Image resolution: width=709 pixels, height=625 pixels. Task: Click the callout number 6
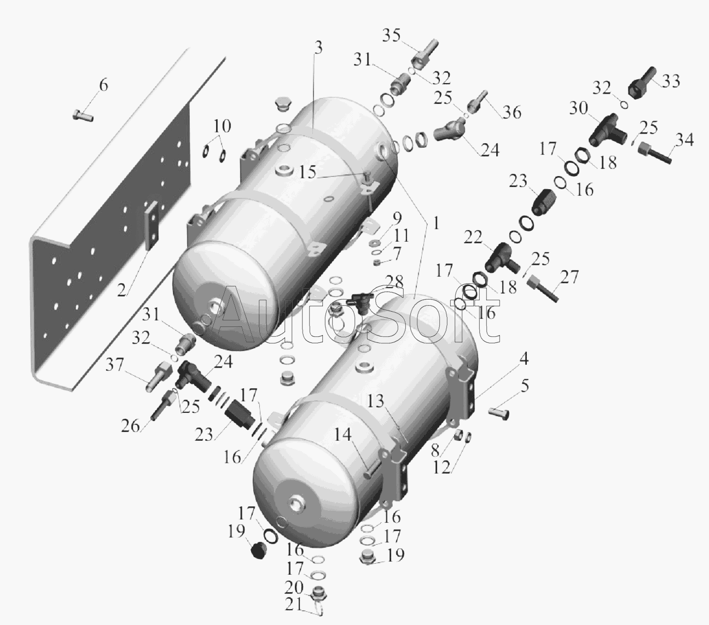coord(103,85)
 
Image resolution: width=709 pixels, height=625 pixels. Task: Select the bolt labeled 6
coord(83,116)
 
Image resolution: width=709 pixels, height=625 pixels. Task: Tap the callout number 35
coord(391,36)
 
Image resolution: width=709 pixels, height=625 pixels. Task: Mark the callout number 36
coord(512,112)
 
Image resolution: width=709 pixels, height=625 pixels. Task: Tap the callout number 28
coord(394,282)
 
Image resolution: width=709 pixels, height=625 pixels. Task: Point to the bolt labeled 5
coord(499,414)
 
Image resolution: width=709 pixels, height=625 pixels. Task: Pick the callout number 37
coord(114,365)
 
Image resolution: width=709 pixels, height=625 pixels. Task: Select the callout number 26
coord(130,425)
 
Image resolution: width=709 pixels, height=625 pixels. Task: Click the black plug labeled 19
coord(259,551)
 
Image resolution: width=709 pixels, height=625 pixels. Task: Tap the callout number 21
coord(294,606)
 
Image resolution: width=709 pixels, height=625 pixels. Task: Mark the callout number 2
coord(121,290)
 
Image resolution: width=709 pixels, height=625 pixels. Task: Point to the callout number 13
coord(375,401)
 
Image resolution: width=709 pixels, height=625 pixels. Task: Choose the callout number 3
coord(318,48)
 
